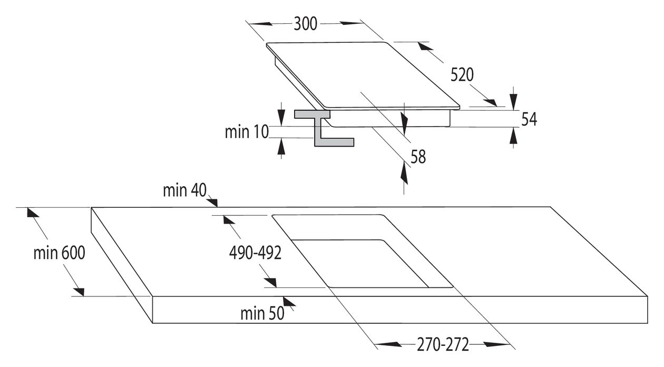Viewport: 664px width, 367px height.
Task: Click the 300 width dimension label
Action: pos(305,24)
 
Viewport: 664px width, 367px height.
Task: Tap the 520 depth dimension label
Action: pos(462,75)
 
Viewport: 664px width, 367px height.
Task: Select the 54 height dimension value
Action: pos(529,119)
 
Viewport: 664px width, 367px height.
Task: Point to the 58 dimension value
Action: pos(418,157)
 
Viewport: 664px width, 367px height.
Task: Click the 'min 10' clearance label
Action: pos(247,132)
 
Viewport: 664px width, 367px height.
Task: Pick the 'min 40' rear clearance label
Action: pos(184,190)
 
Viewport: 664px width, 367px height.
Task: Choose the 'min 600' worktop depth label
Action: pos(59,253)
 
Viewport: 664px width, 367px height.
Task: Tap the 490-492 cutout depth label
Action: pos(255,253)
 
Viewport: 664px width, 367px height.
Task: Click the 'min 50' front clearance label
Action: pos(262,313)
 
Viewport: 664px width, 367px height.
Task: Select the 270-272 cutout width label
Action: pos(443,344)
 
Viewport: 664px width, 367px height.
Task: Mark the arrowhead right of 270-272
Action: pos(497,344)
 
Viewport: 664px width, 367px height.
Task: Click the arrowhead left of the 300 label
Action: pos(259,24)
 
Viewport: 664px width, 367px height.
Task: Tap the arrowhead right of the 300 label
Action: pos(351,23)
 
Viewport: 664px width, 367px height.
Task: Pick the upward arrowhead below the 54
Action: pos(514,136)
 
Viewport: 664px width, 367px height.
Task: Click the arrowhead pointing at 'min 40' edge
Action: pos(212,202)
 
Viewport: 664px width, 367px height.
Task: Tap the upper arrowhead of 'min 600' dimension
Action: pos(33,213)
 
